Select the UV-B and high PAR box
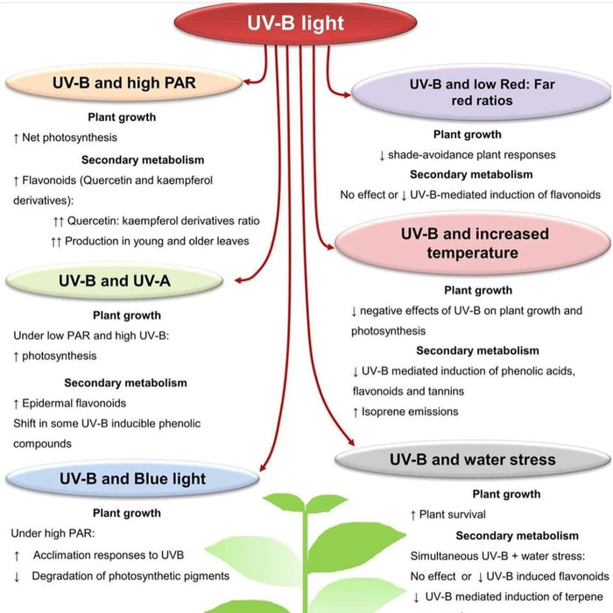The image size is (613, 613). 123,84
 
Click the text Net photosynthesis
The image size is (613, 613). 71,137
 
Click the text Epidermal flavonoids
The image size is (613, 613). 74,403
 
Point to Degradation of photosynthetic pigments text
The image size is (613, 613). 130,575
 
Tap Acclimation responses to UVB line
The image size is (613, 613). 109,555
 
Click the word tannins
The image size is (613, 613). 446,391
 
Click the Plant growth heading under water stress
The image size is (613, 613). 505,494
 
